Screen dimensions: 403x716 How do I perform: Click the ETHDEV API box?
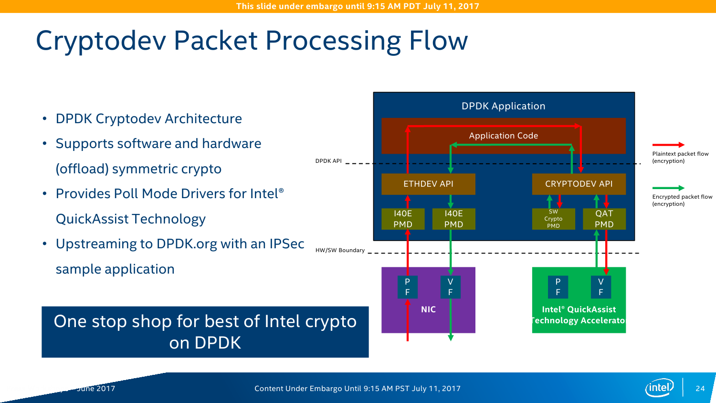click(428, 184)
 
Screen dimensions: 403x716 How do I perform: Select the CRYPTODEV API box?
click(579, 184)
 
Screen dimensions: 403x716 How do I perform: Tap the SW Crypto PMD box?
click(553, 219)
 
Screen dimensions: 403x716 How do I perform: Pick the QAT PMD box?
click(604, 219)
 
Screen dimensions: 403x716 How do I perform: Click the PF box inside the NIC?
click(407, 287)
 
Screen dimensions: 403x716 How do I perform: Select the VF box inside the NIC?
click(450, 287)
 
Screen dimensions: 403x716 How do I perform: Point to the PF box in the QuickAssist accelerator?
click(558, 287)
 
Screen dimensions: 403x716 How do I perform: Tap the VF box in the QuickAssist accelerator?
click(600, 287)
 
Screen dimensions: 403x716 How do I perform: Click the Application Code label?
click(503, 136)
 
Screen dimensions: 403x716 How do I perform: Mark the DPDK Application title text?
click(503, 106)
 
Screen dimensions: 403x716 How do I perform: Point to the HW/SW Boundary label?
click(340, 250)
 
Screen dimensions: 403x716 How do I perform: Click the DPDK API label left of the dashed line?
click(328, 161)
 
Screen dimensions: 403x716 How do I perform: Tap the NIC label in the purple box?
click(428, 309)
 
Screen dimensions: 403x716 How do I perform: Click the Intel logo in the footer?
click(659, 388)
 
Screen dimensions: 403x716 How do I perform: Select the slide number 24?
click(700, 389)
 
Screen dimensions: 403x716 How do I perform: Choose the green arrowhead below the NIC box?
click(451, 338)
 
